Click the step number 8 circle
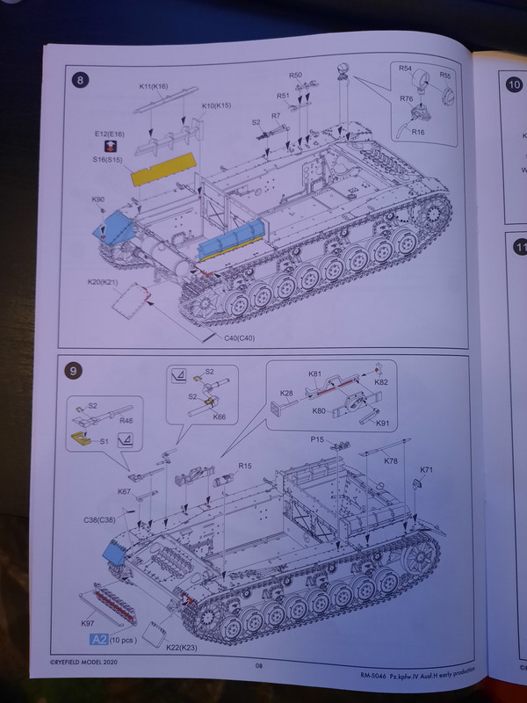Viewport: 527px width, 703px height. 81,82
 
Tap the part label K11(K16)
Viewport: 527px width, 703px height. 155,87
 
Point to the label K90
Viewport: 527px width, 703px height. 97,200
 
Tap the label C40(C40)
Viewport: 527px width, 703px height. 227,338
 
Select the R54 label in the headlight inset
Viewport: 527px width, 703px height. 406,68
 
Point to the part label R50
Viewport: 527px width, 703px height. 295,76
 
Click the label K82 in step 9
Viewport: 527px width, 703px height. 381,384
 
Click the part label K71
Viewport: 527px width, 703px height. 426,471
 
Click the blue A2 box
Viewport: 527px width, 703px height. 98,640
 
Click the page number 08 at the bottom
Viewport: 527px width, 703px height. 259,667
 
